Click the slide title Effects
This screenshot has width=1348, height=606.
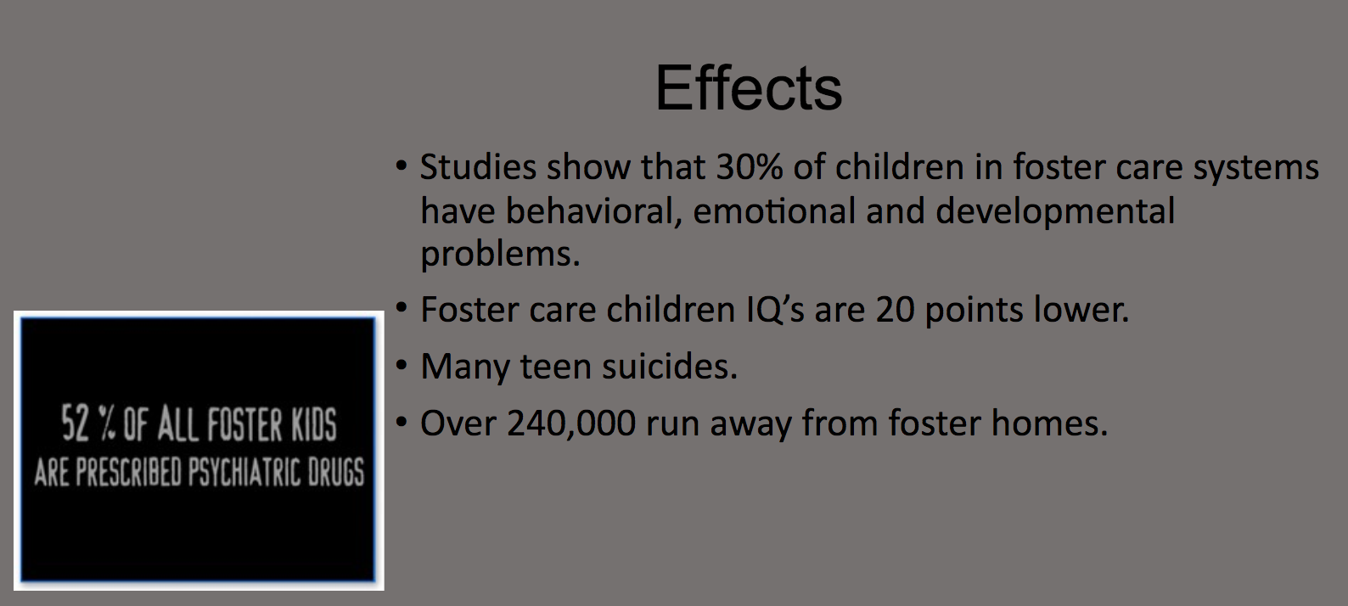(x=748, y=88)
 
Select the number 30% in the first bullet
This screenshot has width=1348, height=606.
(x=750, y=166)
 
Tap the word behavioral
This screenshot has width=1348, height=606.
(x=593, y=211)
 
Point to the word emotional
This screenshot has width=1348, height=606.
(x=774, y=211)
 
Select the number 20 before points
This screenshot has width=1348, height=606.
(x=895, y=310)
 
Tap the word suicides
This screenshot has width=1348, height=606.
(x=669, y=366)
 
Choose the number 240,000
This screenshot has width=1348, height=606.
(x=571, y=423)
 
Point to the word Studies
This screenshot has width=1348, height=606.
(x=478, y=166)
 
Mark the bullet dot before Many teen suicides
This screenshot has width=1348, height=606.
(x=402, y=365)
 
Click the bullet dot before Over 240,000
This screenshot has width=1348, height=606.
(x=402, y=422)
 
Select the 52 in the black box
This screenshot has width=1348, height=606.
(x=76, y=424)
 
